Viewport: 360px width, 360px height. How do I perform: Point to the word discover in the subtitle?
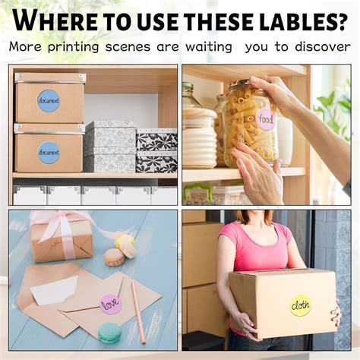coord(323,47)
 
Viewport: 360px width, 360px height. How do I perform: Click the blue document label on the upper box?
coord(49,101)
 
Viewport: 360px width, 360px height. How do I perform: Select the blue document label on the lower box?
coord(49,153)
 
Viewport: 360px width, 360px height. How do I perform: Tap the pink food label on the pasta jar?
coord(266,118)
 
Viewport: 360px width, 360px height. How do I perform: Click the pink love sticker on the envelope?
coord(111,304)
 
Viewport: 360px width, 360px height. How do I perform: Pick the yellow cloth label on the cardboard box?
coord(300,305)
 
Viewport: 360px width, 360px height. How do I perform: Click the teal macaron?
coord(109,333)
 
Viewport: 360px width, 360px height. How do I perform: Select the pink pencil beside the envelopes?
coord(138,311)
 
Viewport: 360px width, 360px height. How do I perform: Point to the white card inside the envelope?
coord(55,289)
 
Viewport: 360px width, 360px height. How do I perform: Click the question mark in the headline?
coord(341,21)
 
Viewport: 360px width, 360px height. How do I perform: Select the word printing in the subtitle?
coord(73,47)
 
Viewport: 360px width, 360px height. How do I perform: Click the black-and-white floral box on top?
coord(156,140)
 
